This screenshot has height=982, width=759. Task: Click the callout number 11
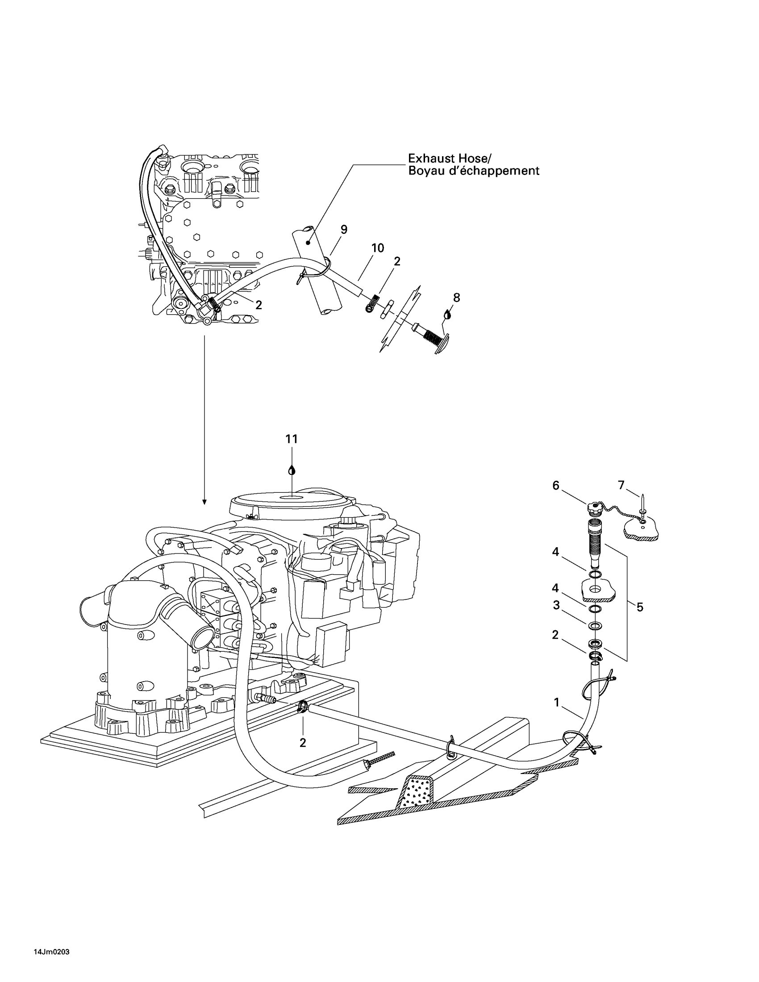(292, 439)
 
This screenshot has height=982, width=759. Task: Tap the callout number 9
(344, 230)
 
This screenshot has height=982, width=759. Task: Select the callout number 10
(378, 248)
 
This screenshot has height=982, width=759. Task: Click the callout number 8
(456, 297)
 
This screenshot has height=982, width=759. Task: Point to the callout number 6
(556, 486)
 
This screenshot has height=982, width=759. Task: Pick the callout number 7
(621, 485)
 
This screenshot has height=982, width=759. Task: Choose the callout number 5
(640, 607)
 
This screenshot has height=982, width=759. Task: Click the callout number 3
(556, 605)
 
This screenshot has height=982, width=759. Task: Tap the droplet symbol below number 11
(292, 470)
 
